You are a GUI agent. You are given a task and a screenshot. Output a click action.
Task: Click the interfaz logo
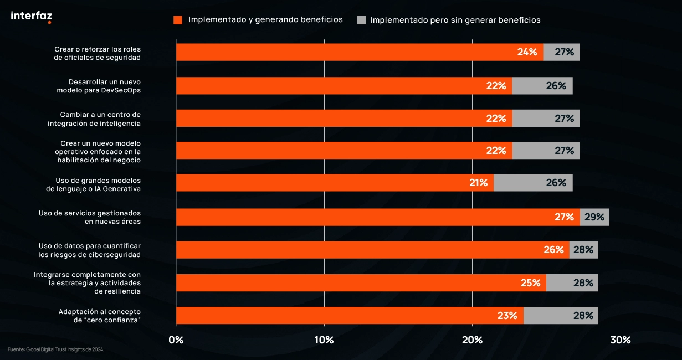coord(31,17)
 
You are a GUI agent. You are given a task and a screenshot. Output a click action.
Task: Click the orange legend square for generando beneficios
coord(178,20)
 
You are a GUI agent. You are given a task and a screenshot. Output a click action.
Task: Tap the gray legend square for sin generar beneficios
coord(362,20)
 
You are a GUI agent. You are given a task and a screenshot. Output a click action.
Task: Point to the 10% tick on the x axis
coord(324,340)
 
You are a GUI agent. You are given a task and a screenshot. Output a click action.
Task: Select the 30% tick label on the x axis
coord(621,340)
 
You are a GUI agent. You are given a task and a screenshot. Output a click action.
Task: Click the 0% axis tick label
coord(176,340)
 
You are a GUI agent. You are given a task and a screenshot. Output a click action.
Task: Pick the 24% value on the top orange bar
coord(527,52)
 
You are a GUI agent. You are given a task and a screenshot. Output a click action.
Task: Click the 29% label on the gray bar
coord(594,217)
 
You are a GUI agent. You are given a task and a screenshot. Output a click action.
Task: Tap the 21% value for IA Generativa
coord(478,183)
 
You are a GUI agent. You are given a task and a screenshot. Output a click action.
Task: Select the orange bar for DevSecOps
coord(343,86)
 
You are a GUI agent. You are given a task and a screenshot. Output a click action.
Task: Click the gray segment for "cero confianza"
coord(561,316)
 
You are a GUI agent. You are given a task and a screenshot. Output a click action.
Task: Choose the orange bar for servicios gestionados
coord(377,217)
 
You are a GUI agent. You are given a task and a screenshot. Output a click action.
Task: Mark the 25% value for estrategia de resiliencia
coord(530,283)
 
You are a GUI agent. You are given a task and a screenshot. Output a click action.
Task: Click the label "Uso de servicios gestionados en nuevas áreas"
coord(90,217)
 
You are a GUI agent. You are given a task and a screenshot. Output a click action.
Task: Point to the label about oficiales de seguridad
coord(98,53)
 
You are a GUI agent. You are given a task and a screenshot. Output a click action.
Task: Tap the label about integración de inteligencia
coord(94,119)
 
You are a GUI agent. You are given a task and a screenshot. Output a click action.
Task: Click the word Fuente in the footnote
coord(16,349)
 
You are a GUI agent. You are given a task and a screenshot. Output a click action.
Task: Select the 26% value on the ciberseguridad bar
coord(553,250)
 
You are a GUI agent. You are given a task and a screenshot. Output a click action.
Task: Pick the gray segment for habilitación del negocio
coord(546,151)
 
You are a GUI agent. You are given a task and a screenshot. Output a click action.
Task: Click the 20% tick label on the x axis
coord(472,340)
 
